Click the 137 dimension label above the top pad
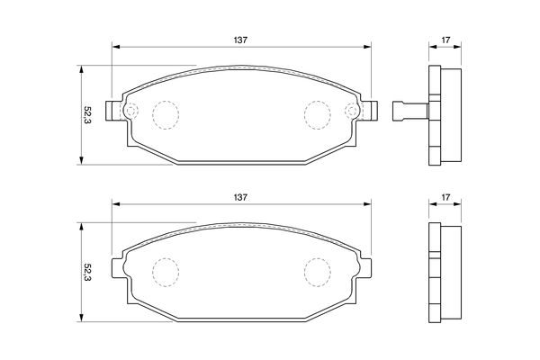[240, 40]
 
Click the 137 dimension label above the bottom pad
[240, 197]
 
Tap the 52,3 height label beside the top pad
[87, 114]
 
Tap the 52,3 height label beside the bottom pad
[87, 273]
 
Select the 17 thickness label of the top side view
[445, 40]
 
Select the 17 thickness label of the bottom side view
[445, 197]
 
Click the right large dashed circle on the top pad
[318, 101]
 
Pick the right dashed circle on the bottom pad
[318, 258]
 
